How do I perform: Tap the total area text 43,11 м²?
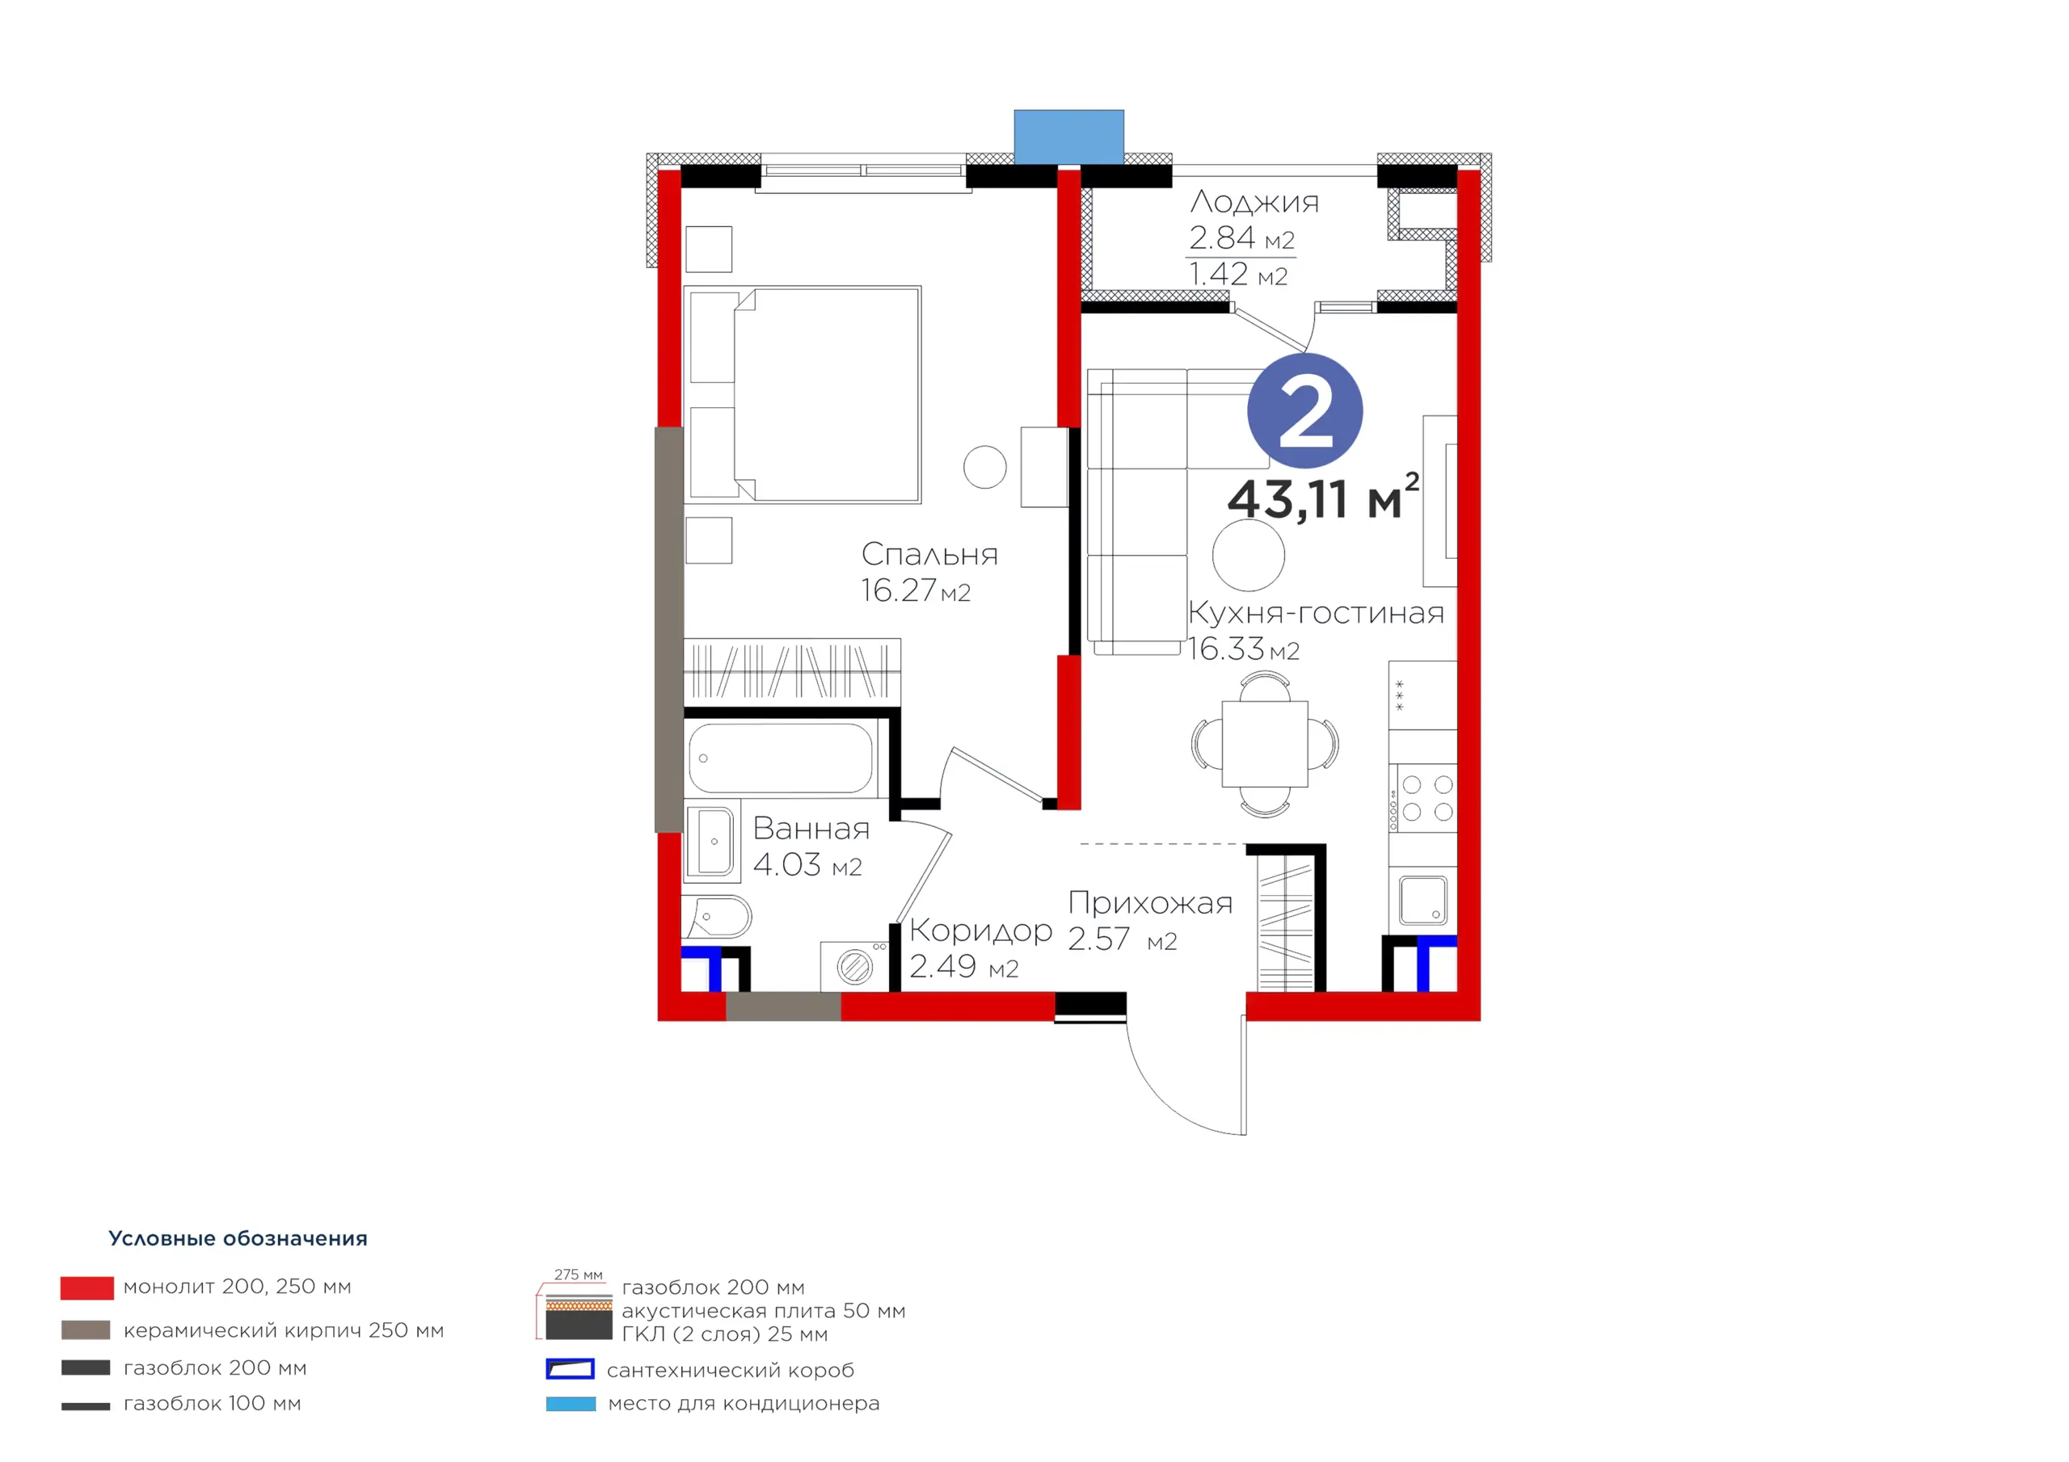click(1323, 498)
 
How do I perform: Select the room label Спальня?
click(929, 554)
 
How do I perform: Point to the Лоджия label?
click(1254, 202)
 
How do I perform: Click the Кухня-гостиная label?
click(1316, 612)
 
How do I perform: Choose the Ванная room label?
click(811, 829)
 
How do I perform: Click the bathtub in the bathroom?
click(781, 758)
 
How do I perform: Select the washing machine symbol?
click(855, 967)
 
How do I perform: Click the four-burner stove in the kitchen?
click(1423, 798)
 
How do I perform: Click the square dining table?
click(1265, 744)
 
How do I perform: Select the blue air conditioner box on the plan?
click(1068, 137)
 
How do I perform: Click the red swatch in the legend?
click(87, 1288)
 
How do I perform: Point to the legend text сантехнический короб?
click(730, 1370)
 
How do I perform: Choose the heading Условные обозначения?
click(238, 1238)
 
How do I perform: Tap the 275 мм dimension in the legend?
click(579, 1275)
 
